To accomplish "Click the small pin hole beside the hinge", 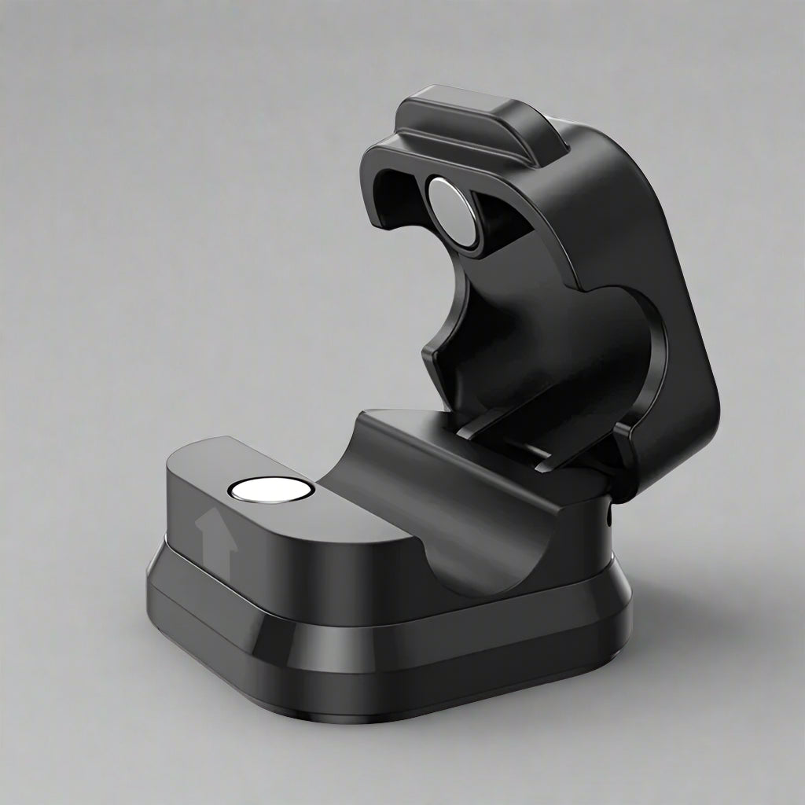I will (610, 517).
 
